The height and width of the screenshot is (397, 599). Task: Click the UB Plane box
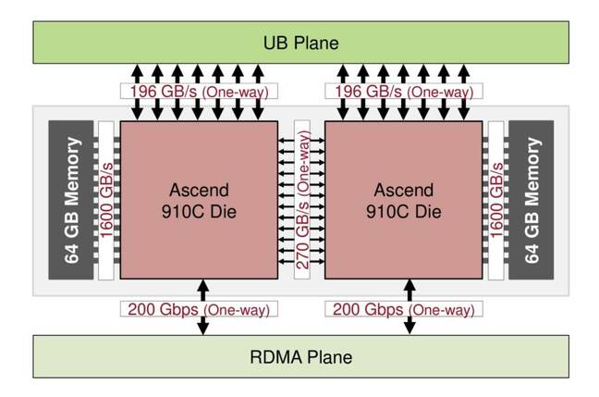point(299,42)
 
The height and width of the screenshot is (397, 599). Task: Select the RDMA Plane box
point(299,356)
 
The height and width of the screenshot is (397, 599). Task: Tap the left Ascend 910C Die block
point(198,200)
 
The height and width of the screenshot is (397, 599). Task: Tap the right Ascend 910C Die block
point(402,200)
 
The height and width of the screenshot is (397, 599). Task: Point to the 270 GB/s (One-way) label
point(300,200)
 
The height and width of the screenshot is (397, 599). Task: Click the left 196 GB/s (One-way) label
point(198,93)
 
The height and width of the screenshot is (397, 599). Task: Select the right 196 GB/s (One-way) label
point(403,93)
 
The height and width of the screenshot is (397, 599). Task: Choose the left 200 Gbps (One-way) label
point(198,307)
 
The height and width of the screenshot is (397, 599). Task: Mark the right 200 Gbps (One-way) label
point(403,307)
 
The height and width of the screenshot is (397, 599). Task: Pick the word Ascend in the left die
point(198,190)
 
